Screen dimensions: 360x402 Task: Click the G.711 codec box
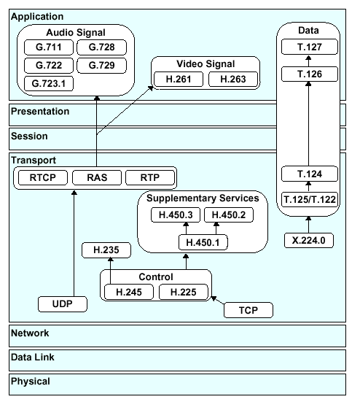point(49,47)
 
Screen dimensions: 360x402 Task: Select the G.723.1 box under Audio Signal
point(49,84)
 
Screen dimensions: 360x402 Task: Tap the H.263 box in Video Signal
point(233,80)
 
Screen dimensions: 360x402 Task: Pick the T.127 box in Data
point(310,47)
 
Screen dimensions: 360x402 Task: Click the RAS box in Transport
point(97,178)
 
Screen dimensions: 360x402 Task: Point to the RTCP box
point(43,178)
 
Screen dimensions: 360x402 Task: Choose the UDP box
point(63,304)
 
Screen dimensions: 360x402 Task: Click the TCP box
point(249,310)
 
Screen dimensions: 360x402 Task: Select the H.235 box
point(106,250)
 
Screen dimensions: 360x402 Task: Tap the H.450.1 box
point(203,242)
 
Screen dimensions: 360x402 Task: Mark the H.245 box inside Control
point(129,292)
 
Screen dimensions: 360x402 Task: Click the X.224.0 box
point(309,241)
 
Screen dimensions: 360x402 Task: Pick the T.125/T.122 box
point(310,199)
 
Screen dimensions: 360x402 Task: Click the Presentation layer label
point(40,112)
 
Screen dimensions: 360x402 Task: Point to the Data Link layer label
point(33,357)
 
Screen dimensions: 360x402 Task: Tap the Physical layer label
point(31,382)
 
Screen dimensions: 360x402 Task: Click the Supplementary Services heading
point(203,198)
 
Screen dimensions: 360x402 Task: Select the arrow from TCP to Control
point(217,300)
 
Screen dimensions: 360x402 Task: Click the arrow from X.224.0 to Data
point(308,225)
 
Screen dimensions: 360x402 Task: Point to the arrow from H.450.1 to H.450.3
point(186,228)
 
